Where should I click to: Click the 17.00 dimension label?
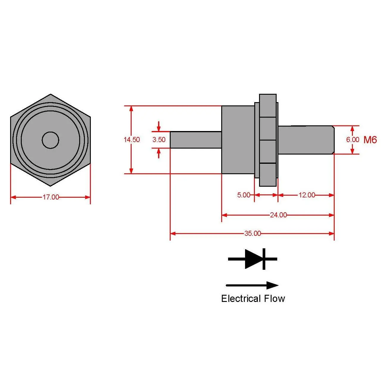[x=51, y=197]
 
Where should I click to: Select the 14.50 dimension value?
[x=132, y=140]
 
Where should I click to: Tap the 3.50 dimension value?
[x=159, y=140]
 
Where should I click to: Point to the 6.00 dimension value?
[x=353, y=140]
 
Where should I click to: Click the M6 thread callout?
[x=370, y=140]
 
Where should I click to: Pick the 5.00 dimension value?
[x=244, y=195]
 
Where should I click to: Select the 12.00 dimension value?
[x=307, y=195]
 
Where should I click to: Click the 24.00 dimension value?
[x=278, y=215]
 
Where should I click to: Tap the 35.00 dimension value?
[x=252, y=233]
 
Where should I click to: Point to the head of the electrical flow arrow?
[x=272, y=285]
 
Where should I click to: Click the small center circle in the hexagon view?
[x=50, y=140]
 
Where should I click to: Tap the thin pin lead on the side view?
[x=195, y=140]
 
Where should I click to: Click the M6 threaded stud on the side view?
[x=305, y=140]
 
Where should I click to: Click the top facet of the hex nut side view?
[x=268, y=105]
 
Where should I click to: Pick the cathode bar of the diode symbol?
[x=264, y=259]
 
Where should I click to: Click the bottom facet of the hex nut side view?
[x=268, y=174]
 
